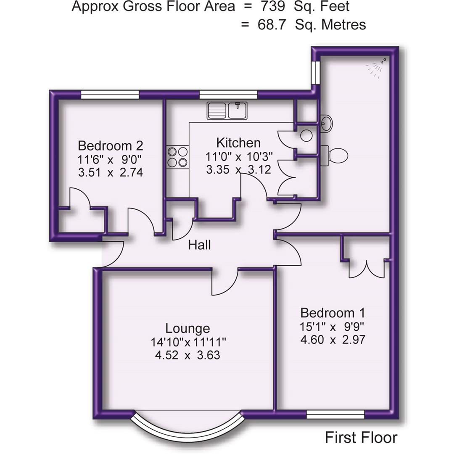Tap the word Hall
(x=199, y=245)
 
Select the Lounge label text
(x=187, y=328)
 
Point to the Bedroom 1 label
(x=333, y=313)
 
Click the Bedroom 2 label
(x=111, y=146)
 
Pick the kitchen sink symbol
(x=227, y=111)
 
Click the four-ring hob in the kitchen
(x=177, y=156)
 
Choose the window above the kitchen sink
(x=228, y=95)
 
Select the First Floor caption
(x=361, y=438)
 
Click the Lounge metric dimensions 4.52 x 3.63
(x=187, y=355)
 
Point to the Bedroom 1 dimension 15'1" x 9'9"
(x=333, y=326)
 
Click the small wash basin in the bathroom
(x=326, y=123)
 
